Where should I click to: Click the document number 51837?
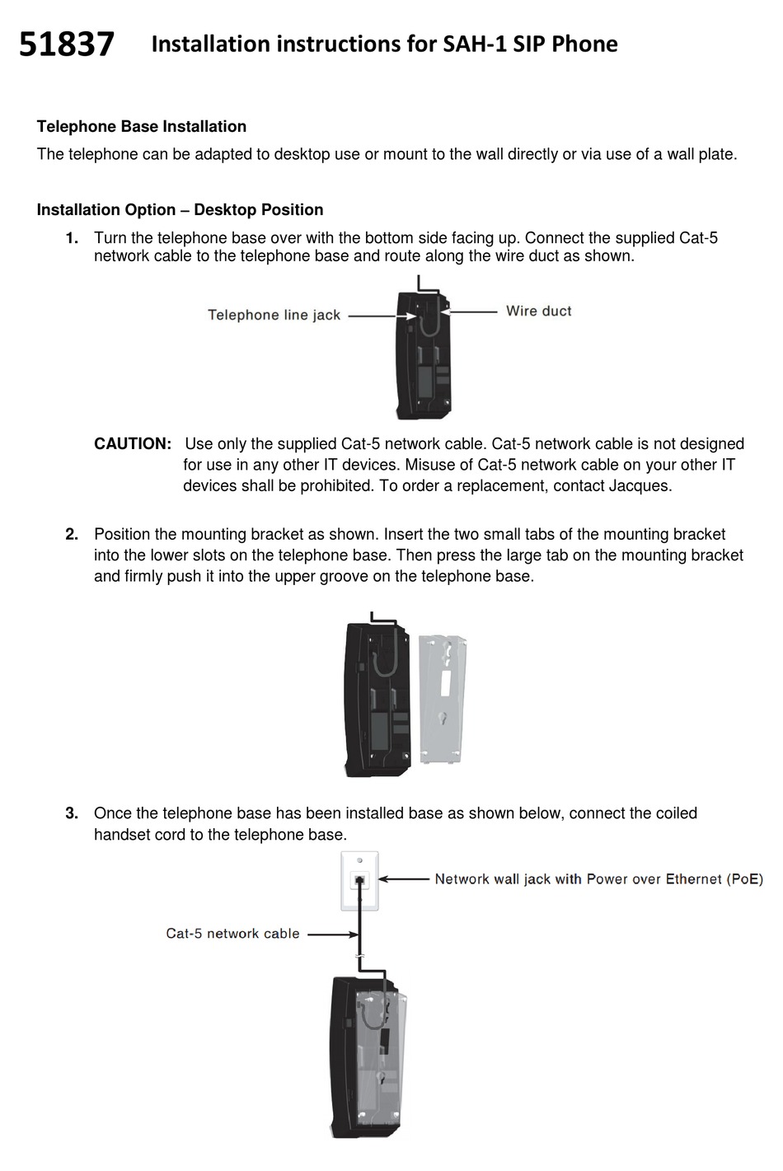pyautogui.click(x=66, y=44)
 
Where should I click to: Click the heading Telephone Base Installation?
pyautogui.click(x=141, y=127)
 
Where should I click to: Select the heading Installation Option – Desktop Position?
pyautogui.click(x=180, y=210)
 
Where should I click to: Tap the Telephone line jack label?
pyautogui.click(x=274, y=315)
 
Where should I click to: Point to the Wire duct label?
pyautogui.click(x=538, y=311)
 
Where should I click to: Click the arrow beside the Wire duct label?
pyautogui.click(x=470, y=311)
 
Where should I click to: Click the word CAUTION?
pyautogui.click(x=133, y=444)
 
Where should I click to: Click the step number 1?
pyautogui.click(x=73, y=238)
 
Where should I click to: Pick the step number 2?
pyautogui.click(x=73, y=535)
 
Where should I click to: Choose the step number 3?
pyautogui.click(x=73, y=813)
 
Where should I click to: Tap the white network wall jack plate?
pyautogui.click(x=359, y=881)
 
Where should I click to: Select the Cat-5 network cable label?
pyautogui.click(x=232, y=934)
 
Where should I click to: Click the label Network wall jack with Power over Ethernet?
pyautogui.click(x=598, y=879)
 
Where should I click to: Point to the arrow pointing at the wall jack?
pyautogui.click(x=404, y=879)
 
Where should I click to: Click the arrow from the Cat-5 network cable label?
pyautogui.click(x=332, y=934)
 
